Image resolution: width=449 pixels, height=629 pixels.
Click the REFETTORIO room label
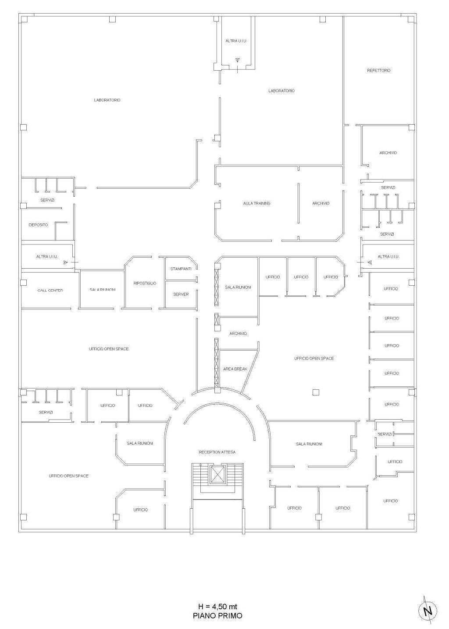378,71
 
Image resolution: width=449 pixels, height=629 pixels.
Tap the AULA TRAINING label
257,203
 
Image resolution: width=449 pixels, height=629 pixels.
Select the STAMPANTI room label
181,269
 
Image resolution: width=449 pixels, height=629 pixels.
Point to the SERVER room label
181,294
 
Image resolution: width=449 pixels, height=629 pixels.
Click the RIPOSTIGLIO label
145,283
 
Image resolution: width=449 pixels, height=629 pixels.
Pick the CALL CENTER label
50,290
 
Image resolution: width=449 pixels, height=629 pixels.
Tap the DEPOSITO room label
39,225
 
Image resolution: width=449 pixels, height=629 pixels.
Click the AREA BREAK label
235,369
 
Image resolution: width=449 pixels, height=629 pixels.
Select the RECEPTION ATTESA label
217,452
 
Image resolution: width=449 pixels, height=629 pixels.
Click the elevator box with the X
217,474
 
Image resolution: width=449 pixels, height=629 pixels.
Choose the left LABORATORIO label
107,100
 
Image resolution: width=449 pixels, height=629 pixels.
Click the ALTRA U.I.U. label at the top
236,41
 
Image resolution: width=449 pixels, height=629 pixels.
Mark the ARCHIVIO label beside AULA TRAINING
321,203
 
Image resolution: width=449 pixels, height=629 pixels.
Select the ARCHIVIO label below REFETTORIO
388,153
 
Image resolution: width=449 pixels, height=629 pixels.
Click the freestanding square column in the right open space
316,392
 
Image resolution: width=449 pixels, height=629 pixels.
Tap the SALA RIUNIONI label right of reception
309,444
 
